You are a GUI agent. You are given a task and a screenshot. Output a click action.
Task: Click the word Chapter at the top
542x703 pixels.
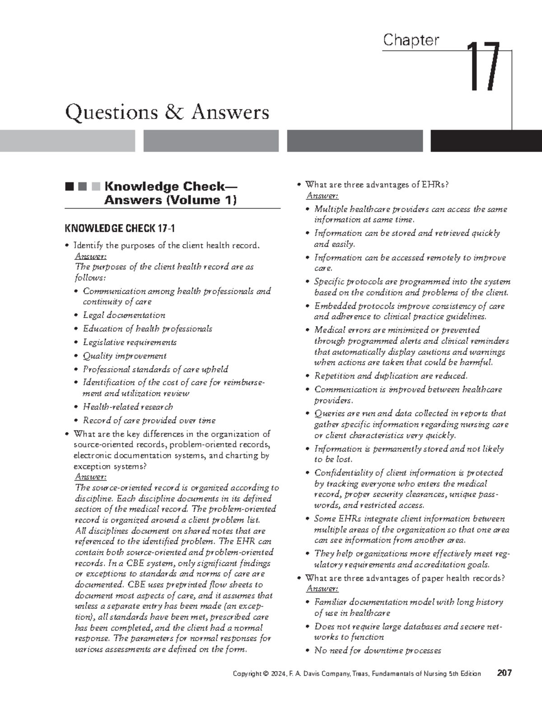point(411,40)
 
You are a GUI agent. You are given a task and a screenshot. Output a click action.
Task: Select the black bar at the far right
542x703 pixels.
point(486,141)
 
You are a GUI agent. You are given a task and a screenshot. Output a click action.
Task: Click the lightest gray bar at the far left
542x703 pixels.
point(67,141)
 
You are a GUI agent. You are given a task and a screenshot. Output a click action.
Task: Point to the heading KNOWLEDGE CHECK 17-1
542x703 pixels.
point(120,228)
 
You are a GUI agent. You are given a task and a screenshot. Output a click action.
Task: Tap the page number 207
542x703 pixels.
point(504,673)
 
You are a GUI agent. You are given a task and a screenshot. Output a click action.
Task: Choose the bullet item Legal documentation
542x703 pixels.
point(124,315)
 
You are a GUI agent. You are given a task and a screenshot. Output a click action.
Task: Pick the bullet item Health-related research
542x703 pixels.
point(127,407)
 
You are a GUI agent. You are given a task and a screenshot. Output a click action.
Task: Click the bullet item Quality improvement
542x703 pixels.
point(125,356)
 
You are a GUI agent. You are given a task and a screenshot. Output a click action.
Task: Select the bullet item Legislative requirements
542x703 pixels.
point(130,342)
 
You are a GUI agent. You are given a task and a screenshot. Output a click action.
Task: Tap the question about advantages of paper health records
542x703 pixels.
point(405,578)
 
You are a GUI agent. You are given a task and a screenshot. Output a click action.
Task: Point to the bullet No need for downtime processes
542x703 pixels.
point(378,650)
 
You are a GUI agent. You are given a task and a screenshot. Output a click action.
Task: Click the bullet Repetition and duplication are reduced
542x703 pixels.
point(391,375)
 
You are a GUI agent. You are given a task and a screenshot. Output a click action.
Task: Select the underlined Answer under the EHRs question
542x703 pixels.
point(322,195)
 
